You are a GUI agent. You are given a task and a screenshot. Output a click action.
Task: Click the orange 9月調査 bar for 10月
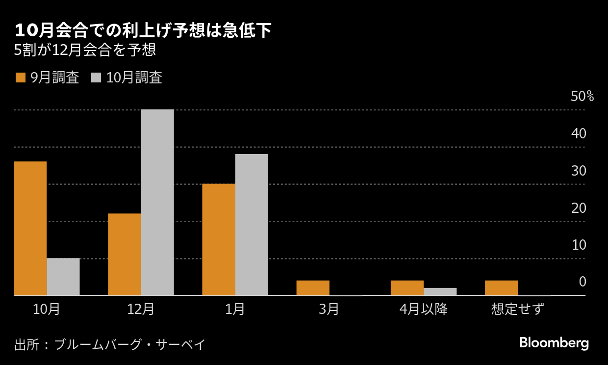point(30,228)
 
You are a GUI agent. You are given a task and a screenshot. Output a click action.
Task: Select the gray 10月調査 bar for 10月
point(63,277)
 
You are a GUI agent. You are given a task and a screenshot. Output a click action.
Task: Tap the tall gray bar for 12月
point(157,202)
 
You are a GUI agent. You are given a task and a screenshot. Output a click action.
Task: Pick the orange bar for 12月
point(125,254)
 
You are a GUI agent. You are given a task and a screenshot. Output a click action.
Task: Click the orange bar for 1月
point(219,239)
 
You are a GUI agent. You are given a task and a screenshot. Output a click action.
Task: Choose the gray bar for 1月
point(252,225)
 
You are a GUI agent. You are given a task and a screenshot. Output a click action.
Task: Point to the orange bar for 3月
point(313,288)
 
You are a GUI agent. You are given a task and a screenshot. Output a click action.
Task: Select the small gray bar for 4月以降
point(440,291)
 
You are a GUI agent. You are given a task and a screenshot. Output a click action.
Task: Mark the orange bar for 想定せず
point(501,288)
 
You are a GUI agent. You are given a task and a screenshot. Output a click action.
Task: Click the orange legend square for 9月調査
point(21,78)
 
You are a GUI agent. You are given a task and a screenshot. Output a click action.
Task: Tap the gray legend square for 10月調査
point(97,78)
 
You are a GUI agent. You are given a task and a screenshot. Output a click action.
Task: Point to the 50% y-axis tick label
point(583,96)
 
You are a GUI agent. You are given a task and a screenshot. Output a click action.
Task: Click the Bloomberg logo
point(554,342)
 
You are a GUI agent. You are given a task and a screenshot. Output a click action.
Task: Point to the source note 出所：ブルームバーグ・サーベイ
point(110,344)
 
